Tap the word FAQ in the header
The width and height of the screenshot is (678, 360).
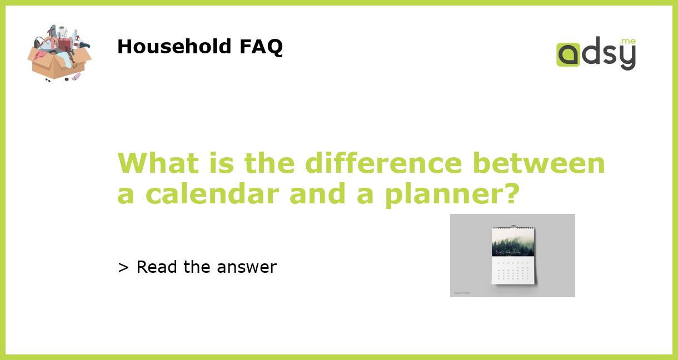point(261,47)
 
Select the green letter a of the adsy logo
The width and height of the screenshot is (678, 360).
point(568,55)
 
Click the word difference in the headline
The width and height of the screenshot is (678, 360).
point(383,163)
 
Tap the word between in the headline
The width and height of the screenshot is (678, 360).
point(539,163)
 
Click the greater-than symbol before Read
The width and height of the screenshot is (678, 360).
point(123,267)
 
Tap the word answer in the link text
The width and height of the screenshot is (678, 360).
point(247,267)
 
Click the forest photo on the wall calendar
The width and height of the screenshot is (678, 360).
point(513,242)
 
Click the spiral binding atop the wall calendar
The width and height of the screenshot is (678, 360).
point(513,227)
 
